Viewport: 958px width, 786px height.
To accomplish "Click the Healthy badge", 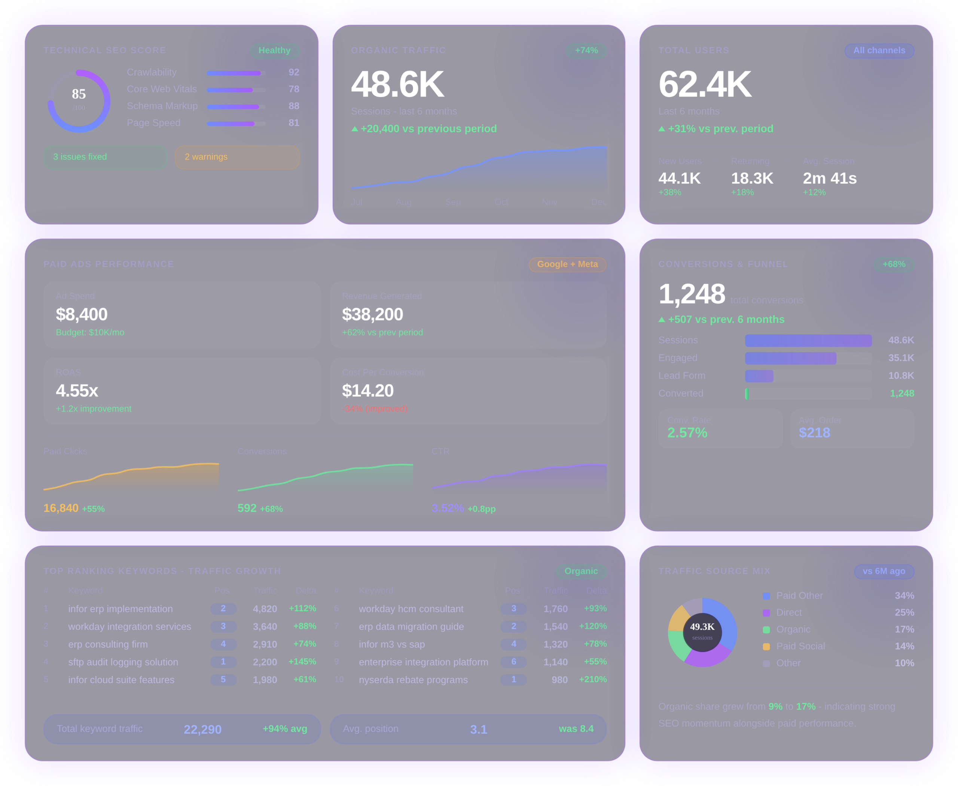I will (274, 51).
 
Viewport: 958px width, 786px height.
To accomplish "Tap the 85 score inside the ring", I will (79, 94).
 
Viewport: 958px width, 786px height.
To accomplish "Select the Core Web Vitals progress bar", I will (236, 90).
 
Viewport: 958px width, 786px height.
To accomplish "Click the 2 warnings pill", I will (237, 157).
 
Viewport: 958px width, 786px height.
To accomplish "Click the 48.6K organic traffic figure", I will (397, 84).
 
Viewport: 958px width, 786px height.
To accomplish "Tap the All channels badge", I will (879, 51).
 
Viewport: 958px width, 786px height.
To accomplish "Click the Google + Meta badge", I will (567, 264).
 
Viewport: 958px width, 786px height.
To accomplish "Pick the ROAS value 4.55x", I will (77, 391).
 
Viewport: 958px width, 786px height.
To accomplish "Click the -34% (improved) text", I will (375, 409).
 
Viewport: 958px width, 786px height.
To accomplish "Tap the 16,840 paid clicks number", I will (61, 508).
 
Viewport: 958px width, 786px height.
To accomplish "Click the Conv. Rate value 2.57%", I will (687, 433).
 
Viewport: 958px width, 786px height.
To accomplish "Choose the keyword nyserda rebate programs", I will (413, 680).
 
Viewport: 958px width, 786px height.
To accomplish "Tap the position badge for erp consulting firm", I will (223, 644).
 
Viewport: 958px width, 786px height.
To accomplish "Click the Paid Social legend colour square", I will (766, 646).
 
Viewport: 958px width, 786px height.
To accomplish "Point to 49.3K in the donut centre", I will (702, 627).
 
